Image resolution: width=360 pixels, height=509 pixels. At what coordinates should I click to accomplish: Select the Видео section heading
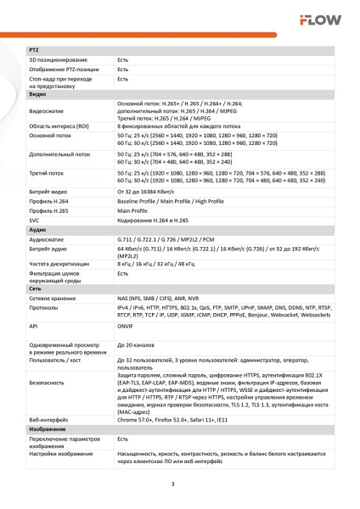pyautogui.click(x=37, y=94)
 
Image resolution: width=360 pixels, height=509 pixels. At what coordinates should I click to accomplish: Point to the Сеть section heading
pyautogui.click(x=36, y=289)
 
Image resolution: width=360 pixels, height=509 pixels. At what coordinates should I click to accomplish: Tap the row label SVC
pyautogui.click(x=35, y=221)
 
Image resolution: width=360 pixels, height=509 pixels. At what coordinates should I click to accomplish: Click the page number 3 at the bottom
pyautogui.click(x=173, y=484)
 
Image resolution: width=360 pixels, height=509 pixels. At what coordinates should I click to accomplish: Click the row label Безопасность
pyautogui.click(x=48, y=383)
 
